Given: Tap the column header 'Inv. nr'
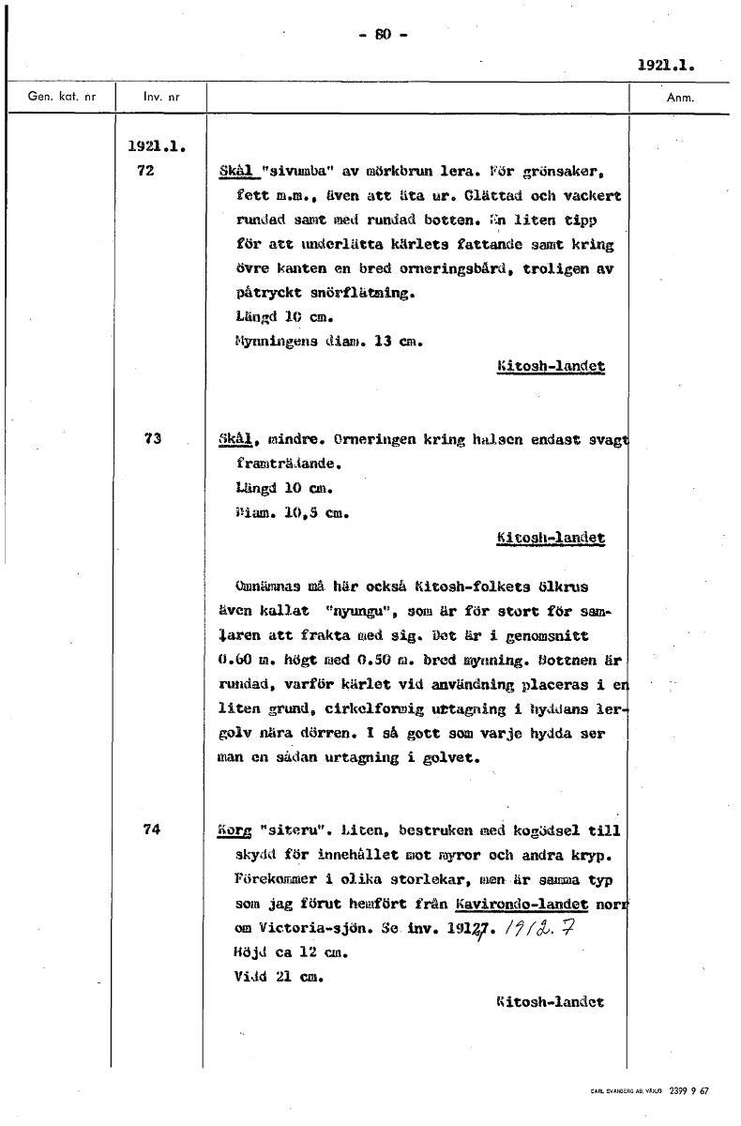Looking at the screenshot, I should pos(161,97).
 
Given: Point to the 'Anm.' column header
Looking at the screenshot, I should pos(679,97).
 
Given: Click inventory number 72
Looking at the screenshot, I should pos(144,172).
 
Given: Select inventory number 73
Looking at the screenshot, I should pos(153,438).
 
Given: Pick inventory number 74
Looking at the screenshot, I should pos(153,829).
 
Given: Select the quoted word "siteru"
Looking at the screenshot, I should pos(291,830).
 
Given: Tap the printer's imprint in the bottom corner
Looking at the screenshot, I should pos(650,1090).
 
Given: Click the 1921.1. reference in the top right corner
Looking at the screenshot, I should pos(665,66).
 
